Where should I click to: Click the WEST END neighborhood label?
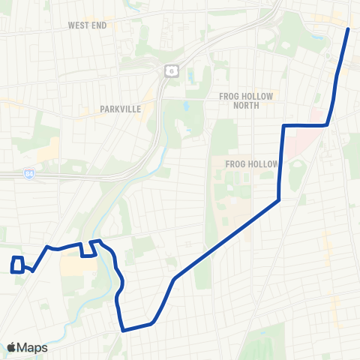[x=87, y=25]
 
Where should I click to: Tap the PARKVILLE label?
[x=121, y=109]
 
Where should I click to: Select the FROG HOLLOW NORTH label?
[x=247, y=100]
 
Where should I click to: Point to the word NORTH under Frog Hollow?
[x=247, y=106]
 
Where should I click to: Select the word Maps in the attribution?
[x=33, y=347]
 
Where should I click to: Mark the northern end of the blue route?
[x=348, y=28]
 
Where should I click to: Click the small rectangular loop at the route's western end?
[x=17, y=265]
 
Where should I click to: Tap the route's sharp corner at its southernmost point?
[x=122, y=328]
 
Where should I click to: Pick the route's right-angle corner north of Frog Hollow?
[x=283, y=125]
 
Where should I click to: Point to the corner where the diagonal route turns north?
[x=279, y=199]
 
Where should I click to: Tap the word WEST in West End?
[x=77, y=25]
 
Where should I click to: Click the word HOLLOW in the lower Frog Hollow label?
[x=262, y=164]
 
